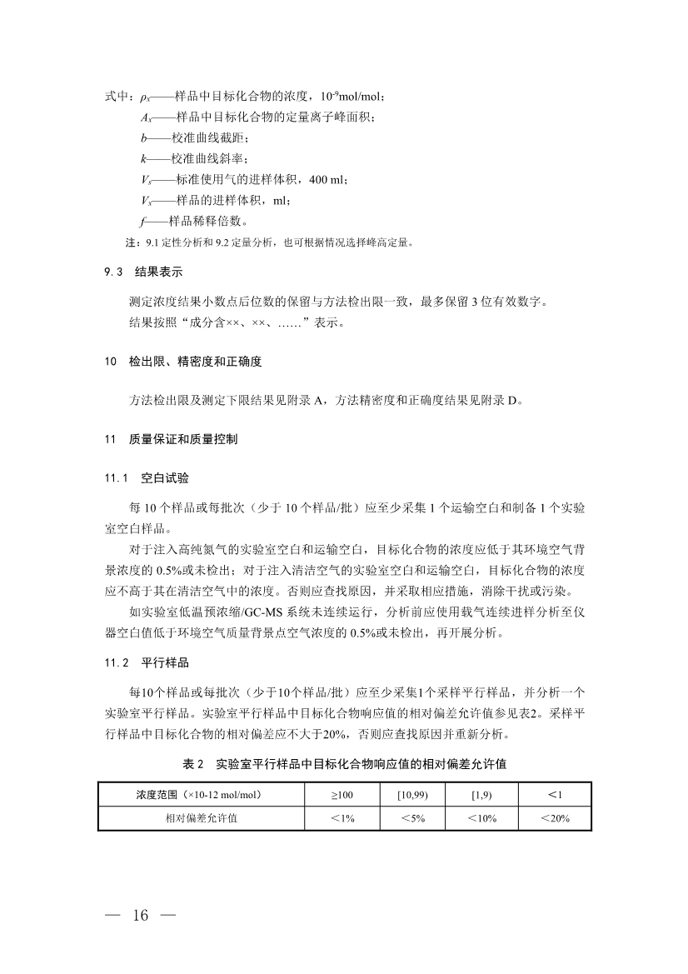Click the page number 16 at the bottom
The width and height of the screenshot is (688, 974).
point(138,917)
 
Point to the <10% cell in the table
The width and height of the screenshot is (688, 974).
point(483,818)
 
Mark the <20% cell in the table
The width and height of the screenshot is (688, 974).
point(555,818)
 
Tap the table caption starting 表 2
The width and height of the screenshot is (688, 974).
point(345,763)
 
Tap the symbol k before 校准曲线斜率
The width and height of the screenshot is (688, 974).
point(143,158)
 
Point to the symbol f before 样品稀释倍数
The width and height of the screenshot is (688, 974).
point(143,221)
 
